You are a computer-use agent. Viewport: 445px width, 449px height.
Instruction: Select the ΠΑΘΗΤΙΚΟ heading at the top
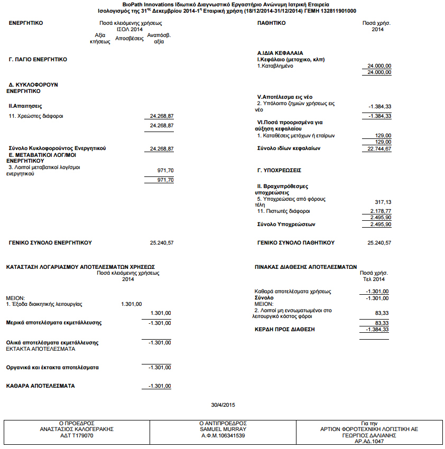[x=271, y=23]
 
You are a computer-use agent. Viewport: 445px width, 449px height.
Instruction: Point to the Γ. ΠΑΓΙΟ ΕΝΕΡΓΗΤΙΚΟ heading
[x=38, y=60]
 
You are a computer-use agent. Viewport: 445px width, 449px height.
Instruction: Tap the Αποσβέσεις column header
[x=129, y=39]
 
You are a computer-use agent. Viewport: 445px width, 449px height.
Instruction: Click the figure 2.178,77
[x=379, y=211]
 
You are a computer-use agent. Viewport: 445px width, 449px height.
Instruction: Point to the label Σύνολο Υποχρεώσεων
[x=286, y=224]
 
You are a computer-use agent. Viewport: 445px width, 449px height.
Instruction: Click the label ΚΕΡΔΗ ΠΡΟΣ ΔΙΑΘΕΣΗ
[x=285, y=329]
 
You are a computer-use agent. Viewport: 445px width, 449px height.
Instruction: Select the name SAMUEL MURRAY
[x=222, y=429]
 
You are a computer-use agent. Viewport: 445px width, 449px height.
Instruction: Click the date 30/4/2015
[x=222, y=405]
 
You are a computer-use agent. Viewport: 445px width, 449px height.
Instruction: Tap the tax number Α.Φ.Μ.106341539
[x=222, y=436]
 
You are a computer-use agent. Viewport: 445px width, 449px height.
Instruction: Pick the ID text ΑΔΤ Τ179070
[x=77, y=436]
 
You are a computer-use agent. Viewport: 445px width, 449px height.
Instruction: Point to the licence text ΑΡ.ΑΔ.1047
[x=368, y=442]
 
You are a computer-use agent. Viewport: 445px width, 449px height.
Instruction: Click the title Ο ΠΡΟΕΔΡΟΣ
[x=77, y=423]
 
